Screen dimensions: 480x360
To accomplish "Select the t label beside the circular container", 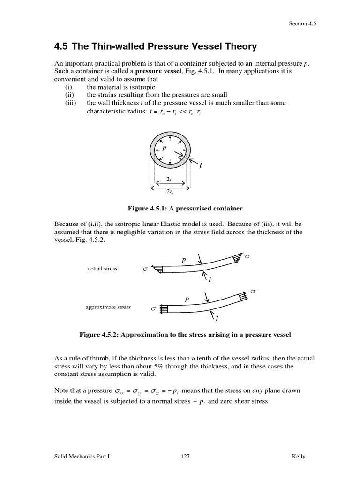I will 201,165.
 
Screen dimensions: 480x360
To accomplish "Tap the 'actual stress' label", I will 103,269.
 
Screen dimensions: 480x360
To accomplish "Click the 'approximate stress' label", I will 108,307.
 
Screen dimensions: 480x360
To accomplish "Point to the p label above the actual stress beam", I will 184,259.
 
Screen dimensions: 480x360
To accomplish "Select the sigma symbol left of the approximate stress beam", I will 153,309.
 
